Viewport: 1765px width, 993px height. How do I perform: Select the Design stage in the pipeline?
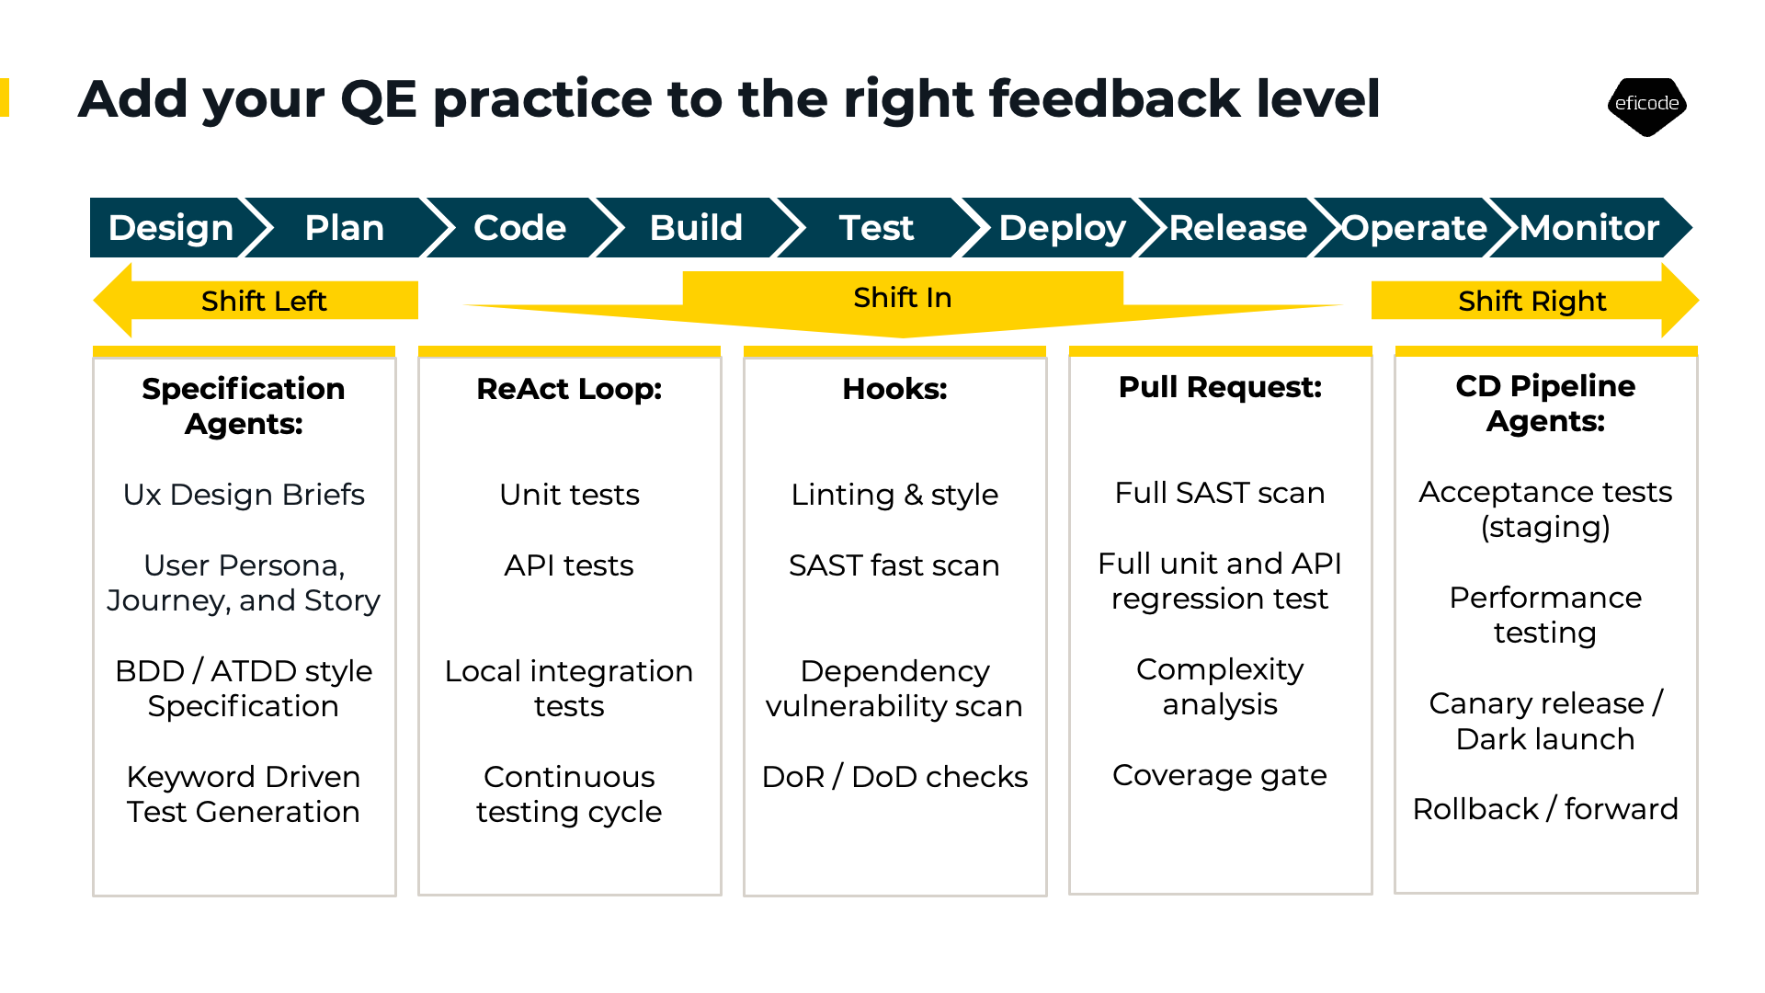[x=171, y=228]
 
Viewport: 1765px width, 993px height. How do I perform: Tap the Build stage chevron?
[x=696, y=228]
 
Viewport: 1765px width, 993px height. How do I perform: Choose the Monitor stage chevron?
[x=1589, y=228]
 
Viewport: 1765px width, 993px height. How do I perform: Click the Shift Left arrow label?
[x=264, y=301]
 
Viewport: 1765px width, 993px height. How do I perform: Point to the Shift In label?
[x=903, y=297]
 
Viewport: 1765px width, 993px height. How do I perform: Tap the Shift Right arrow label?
[x=1532, y=301]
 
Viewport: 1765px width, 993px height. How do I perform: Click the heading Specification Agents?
[x=244, y=405]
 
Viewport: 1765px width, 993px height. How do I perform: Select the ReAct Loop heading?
[x=569, y=389]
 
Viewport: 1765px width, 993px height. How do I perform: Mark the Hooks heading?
[x=894, y=389]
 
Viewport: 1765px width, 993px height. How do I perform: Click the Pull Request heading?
[x=1220, y=387]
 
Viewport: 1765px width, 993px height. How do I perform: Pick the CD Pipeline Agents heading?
[x=1545, y=403]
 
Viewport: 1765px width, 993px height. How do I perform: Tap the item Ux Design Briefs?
[x=244, y=495]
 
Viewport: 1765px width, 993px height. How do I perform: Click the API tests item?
[x=569, y=565]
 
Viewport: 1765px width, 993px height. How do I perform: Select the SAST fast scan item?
[x=894, y=565]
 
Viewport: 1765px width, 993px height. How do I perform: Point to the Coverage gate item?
[x=1220, y=775]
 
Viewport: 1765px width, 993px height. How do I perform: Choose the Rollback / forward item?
[x=1545, y=809]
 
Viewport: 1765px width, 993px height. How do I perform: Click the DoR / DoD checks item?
[x=894, y=777]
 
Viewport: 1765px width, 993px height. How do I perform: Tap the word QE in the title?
[x=379, y=99]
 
